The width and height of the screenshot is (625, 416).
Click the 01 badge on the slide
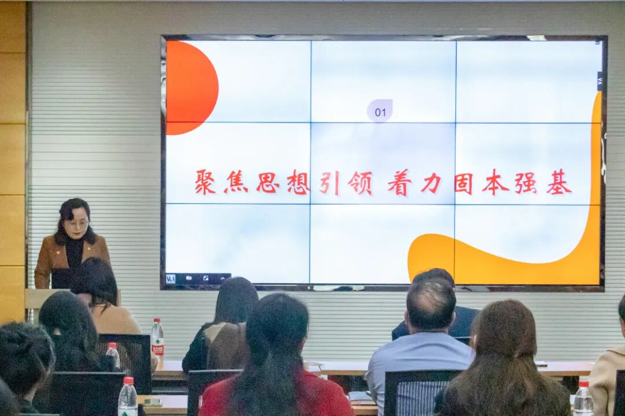380,112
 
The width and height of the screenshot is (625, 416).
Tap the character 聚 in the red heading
205,182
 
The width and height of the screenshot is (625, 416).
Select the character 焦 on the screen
236,182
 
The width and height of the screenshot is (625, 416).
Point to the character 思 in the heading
268,183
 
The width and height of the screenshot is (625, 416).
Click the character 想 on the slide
298,183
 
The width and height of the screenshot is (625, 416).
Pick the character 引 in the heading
329,183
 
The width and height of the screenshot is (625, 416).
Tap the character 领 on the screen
360,183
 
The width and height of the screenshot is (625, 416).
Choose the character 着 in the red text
399,183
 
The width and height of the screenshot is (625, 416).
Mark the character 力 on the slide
431,183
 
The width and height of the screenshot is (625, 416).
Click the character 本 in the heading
495,183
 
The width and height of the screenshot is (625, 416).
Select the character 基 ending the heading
558,183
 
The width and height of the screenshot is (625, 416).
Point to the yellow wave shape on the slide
509,260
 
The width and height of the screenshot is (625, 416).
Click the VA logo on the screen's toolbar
171,278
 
